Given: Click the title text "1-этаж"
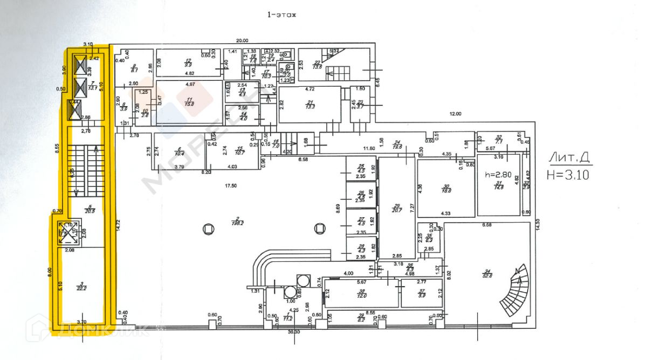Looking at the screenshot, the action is (x=282, y=16).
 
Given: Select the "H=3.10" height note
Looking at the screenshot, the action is (x=567, y=174).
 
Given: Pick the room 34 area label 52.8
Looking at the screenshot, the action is (x=487, y=276).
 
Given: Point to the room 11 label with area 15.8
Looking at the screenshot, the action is (x=189, y=102).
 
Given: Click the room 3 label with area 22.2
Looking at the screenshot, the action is (x=81, y=286).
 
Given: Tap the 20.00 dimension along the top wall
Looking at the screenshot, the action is (x=242, y=40).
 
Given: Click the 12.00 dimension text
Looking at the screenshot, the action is (x=456, y=114).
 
